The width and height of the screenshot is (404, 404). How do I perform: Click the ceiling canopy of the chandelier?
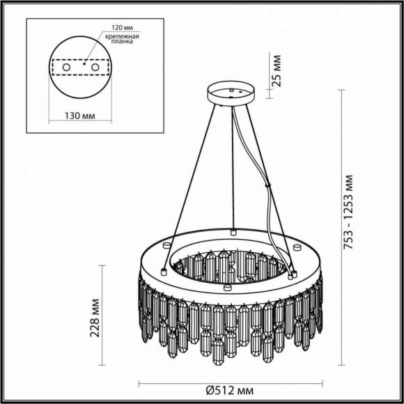(232, 93)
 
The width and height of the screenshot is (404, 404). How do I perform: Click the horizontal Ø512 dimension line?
(232, 383)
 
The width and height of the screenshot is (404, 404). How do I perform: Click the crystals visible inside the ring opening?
(230, 265)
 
